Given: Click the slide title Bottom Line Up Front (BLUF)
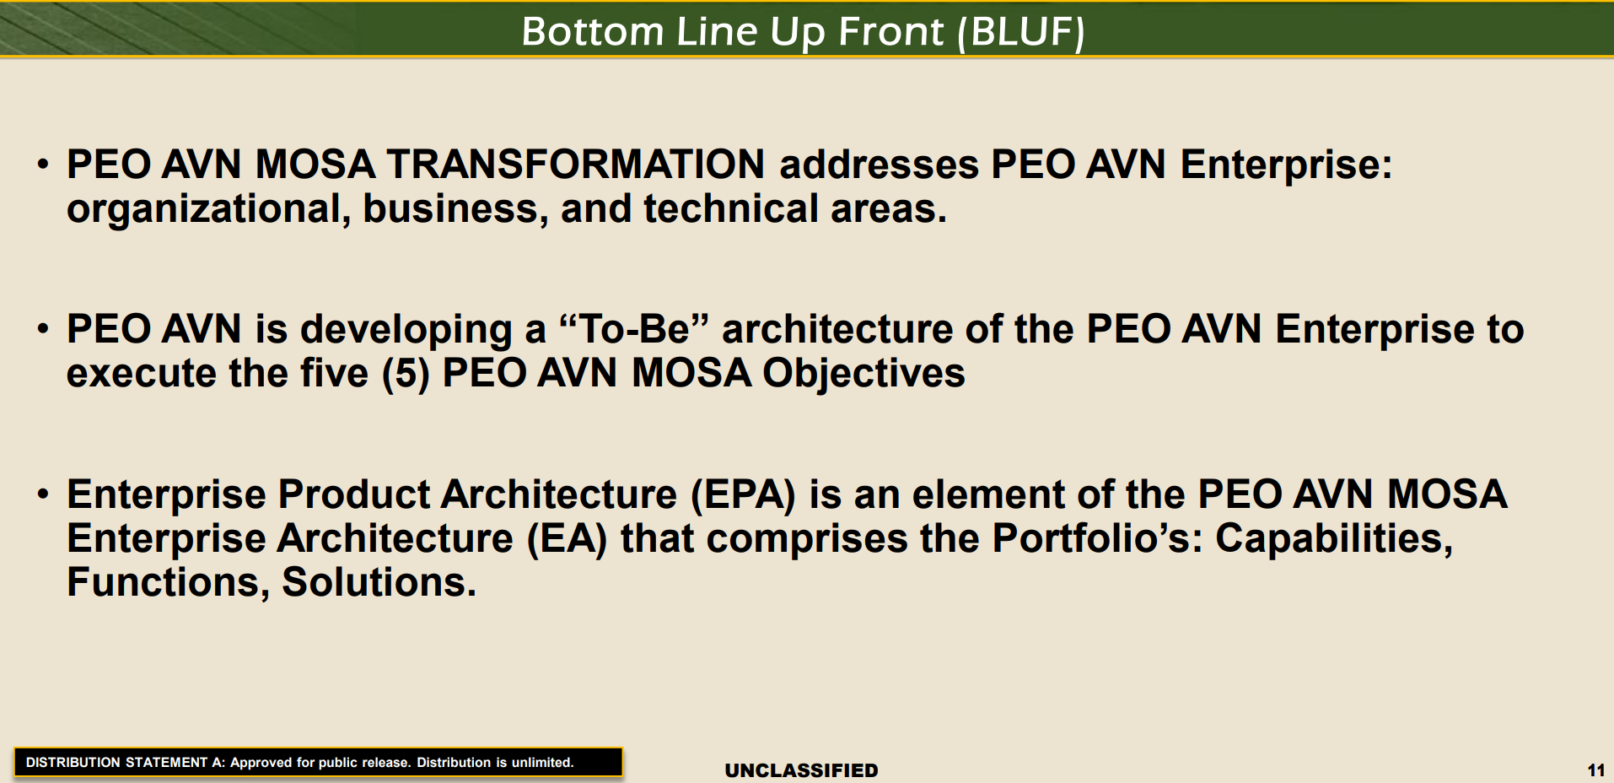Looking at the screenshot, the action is pos(803,32).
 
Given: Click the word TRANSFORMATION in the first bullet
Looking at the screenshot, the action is pos(576,164).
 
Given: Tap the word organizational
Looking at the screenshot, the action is pos(208,209).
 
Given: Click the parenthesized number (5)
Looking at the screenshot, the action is pos(406,373).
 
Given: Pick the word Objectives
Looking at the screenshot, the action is pos(864,373).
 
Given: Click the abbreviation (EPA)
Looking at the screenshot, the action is pos(743,494).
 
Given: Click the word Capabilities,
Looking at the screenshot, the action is pos(1334,538).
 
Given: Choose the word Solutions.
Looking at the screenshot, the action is pos(379,582).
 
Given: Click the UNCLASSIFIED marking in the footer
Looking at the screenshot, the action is pos(802,770).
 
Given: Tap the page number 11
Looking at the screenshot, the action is pos(1595,769).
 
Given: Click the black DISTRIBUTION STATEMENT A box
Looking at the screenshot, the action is pos(318,762).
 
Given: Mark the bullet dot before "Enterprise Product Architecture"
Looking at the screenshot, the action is pos(43,493).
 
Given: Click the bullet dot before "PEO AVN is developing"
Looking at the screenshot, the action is pos(43,327).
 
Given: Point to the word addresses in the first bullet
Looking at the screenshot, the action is pos(879,164).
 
